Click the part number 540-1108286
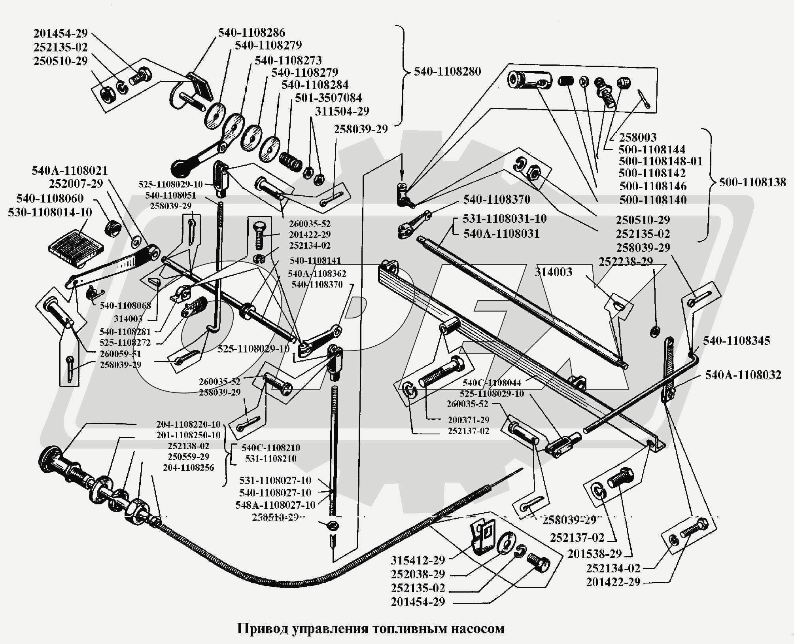pyautogui.click(x=251, y=32)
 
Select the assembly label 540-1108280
pyautogui.click(x=447, y=72)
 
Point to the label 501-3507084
pyautogui.click(x=328, y=98)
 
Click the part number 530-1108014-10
pyautogui.click(x=50, y=212)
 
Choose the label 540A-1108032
pyautogui.click(x=743, y=375)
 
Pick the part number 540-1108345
pyautogui.click(x=736, y=341)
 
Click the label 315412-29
pyautogui.click(x=418, y=560)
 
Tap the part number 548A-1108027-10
pyautogui.click(x=275, y=505)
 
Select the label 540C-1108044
pyautogui.click(x=492, y=383)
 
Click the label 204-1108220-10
pyautogui.click(x=188, y=424)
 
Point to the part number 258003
pyautogui.click(x=637, y=137)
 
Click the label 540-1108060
pyautogui.click(x=50, y=198)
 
